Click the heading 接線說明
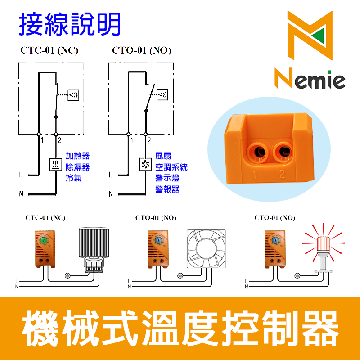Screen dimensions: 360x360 [70, 25]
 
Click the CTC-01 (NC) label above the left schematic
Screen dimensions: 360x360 [49, 50]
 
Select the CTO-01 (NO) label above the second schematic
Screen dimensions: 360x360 [141, 50]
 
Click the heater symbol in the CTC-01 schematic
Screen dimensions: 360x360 [55, 165]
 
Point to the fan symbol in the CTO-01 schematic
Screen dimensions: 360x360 [145, 165]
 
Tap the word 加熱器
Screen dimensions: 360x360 [77, 156]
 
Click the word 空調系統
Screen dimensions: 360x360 [171, 167]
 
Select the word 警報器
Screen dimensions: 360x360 [167, 189]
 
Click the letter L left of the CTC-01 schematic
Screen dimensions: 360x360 [21, 174]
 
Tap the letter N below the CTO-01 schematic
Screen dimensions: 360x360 [111, 195]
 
